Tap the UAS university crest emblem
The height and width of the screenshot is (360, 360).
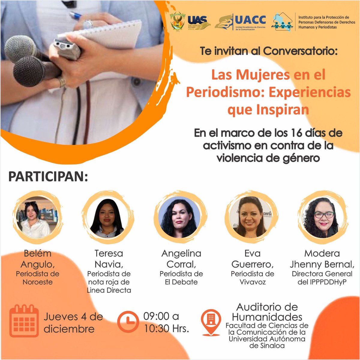[x=177, y=22]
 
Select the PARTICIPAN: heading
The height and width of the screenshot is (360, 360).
[x=48, y=177]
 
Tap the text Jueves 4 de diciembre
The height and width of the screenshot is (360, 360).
[x=73, y=322]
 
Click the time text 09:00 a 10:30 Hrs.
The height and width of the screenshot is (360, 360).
[x=166, y=322]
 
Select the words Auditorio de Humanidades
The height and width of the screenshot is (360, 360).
[x=267, y=312]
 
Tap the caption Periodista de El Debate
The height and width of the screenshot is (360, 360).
[x=181, y=278]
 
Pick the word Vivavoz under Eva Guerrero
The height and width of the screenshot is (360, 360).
[x=252, y=282]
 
